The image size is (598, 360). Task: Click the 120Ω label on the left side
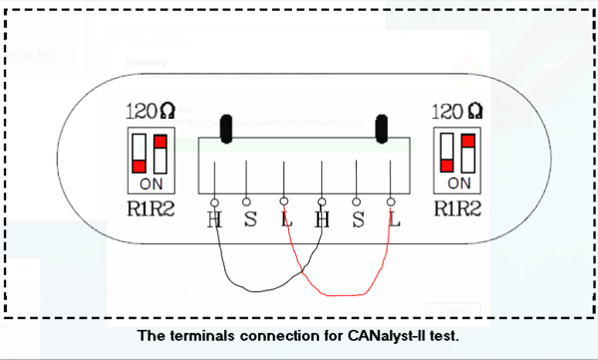[153, 111]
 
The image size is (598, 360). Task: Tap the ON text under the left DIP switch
[153, 184]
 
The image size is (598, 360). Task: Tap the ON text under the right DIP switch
[460, 184]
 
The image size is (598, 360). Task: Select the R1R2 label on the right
[460, 209]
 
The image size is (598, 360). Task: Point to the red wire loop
[344, 293]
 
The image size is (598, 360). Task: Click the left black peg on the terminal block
[226, 129]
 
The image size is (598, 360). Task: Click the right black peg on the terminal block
[381, 129]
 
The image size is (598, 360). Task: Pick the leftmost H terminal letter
[214, 219]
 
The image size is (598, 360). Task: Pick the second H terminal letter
[321, 219]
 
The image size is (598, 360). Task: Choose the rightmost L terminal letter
[394, 219]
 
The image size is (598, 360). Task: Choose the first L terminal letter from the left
[286, 219]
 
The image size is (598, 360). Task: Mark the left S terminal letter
[249, 219]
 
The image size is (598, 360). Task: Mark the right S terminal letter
[358, 219]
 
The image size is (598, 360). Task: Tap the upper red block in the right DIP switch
[467, 141]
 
